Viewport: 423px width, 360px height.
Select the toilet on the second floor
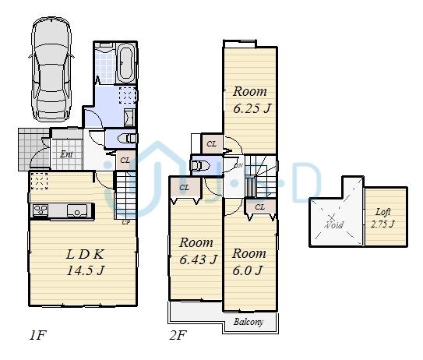(x=201, y=166)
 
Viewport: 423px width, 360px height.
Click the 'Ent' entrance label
(x=67, y=154)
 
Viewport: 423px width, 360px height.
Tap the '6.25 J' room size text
(x=251, y=108)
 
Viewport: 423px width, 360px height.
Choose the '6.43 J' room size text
(x=196, y=259)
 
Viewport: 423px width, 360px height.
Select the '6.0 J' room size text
(x=248, y=270)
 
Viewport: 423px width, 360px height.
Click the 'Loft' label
(x=382, y=211)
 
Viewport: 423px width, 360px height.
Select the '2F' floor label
(x=178, y=337)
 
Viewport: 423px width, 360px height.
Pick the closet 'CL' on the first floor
(x=125, y=161)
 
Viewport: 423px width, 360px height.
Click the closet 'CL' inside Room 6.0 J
(x=259, y=206)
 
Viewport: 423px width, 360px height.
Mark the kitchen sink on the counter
(x=77, y=210)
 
